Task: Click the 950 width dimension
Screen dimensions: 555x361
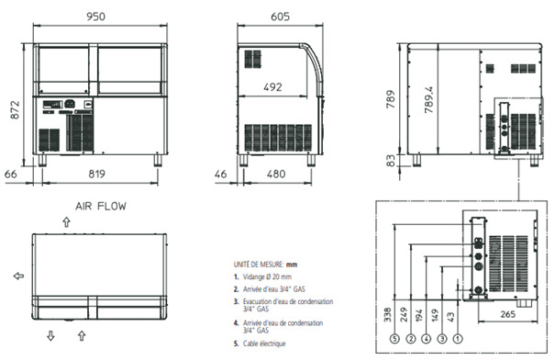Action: click(95, 17)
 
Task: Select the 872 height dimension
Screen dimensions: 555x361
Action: click(15, 110)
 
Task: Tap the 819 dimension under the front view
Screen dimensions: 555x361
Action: click(96, 174)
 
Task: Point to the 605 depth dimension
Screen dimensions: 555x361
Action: click(280, 17)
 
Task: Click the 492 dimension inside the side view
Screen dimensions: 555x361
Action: click(272, 87)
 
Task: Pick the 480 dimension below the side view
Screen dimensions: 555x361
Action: click(276, 174)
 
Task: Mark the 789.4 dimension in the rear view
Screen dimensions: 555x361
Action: click(429, 100)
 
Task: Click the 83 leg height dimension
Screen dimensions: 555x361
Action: click(390, 161)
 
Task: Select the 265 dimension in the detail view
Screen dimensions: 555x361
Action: click(507, 314)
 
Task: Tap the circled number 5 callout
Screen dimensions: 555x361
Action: click(394, 339)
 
